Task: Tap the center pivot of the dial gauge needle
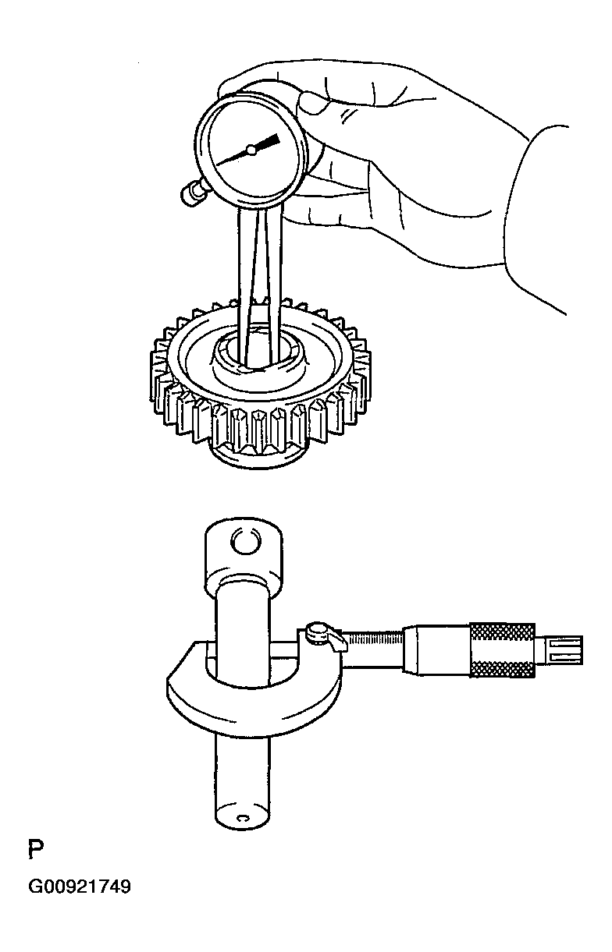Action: click(x=251, y=149)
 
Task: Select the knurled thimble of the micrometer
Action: click(x=502, y=650)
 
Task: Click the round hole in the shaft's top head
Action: click(x=244, y=540)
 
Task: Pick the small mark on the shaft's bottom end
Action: click(x=243, y=818)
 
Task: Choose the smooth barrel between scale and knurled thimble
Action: click(x=437, y=649)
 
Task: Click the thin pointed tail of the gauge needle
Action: click(x=233, y=157)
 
